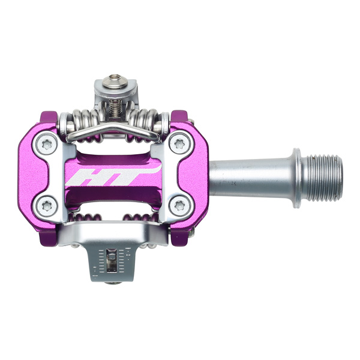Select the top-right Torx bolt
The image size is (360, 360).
(178, 144)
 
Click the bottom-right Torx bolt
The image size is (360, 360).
(178, 206)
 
